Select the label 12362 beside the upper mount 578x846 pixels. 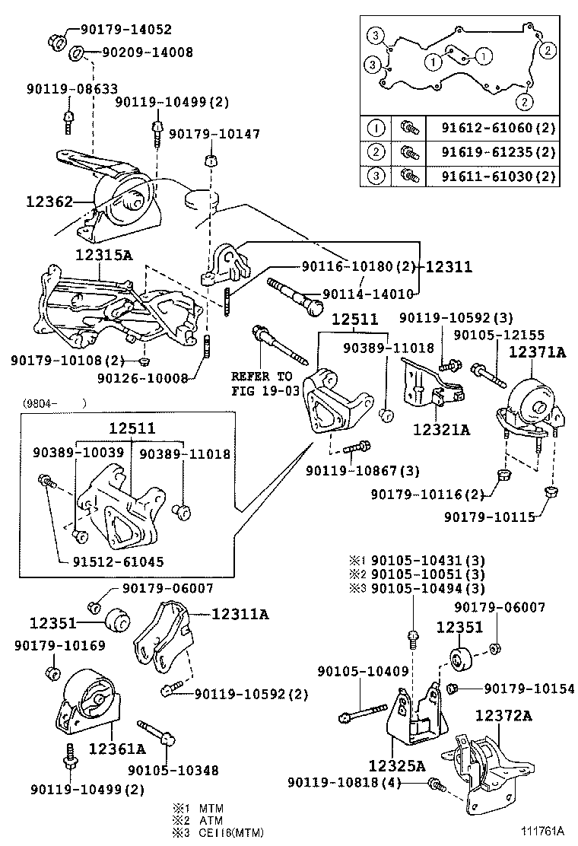tap(49, 202)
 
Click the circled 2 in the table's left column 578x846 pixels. tap(376, 151)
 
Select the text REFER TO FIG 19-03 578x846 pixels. tap(262, 383)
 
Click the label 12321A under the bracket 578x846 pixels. tap(441, 430)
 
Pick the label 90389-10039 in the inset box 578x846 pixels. tap(78, 453)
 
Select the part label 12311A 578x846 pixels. tap(240, 612)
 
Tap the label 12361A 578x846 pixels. tap(119, 748)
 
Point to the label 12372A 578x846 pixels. tap(504, 716)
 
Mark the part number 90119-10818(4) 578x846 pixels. tap(354, 782)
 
